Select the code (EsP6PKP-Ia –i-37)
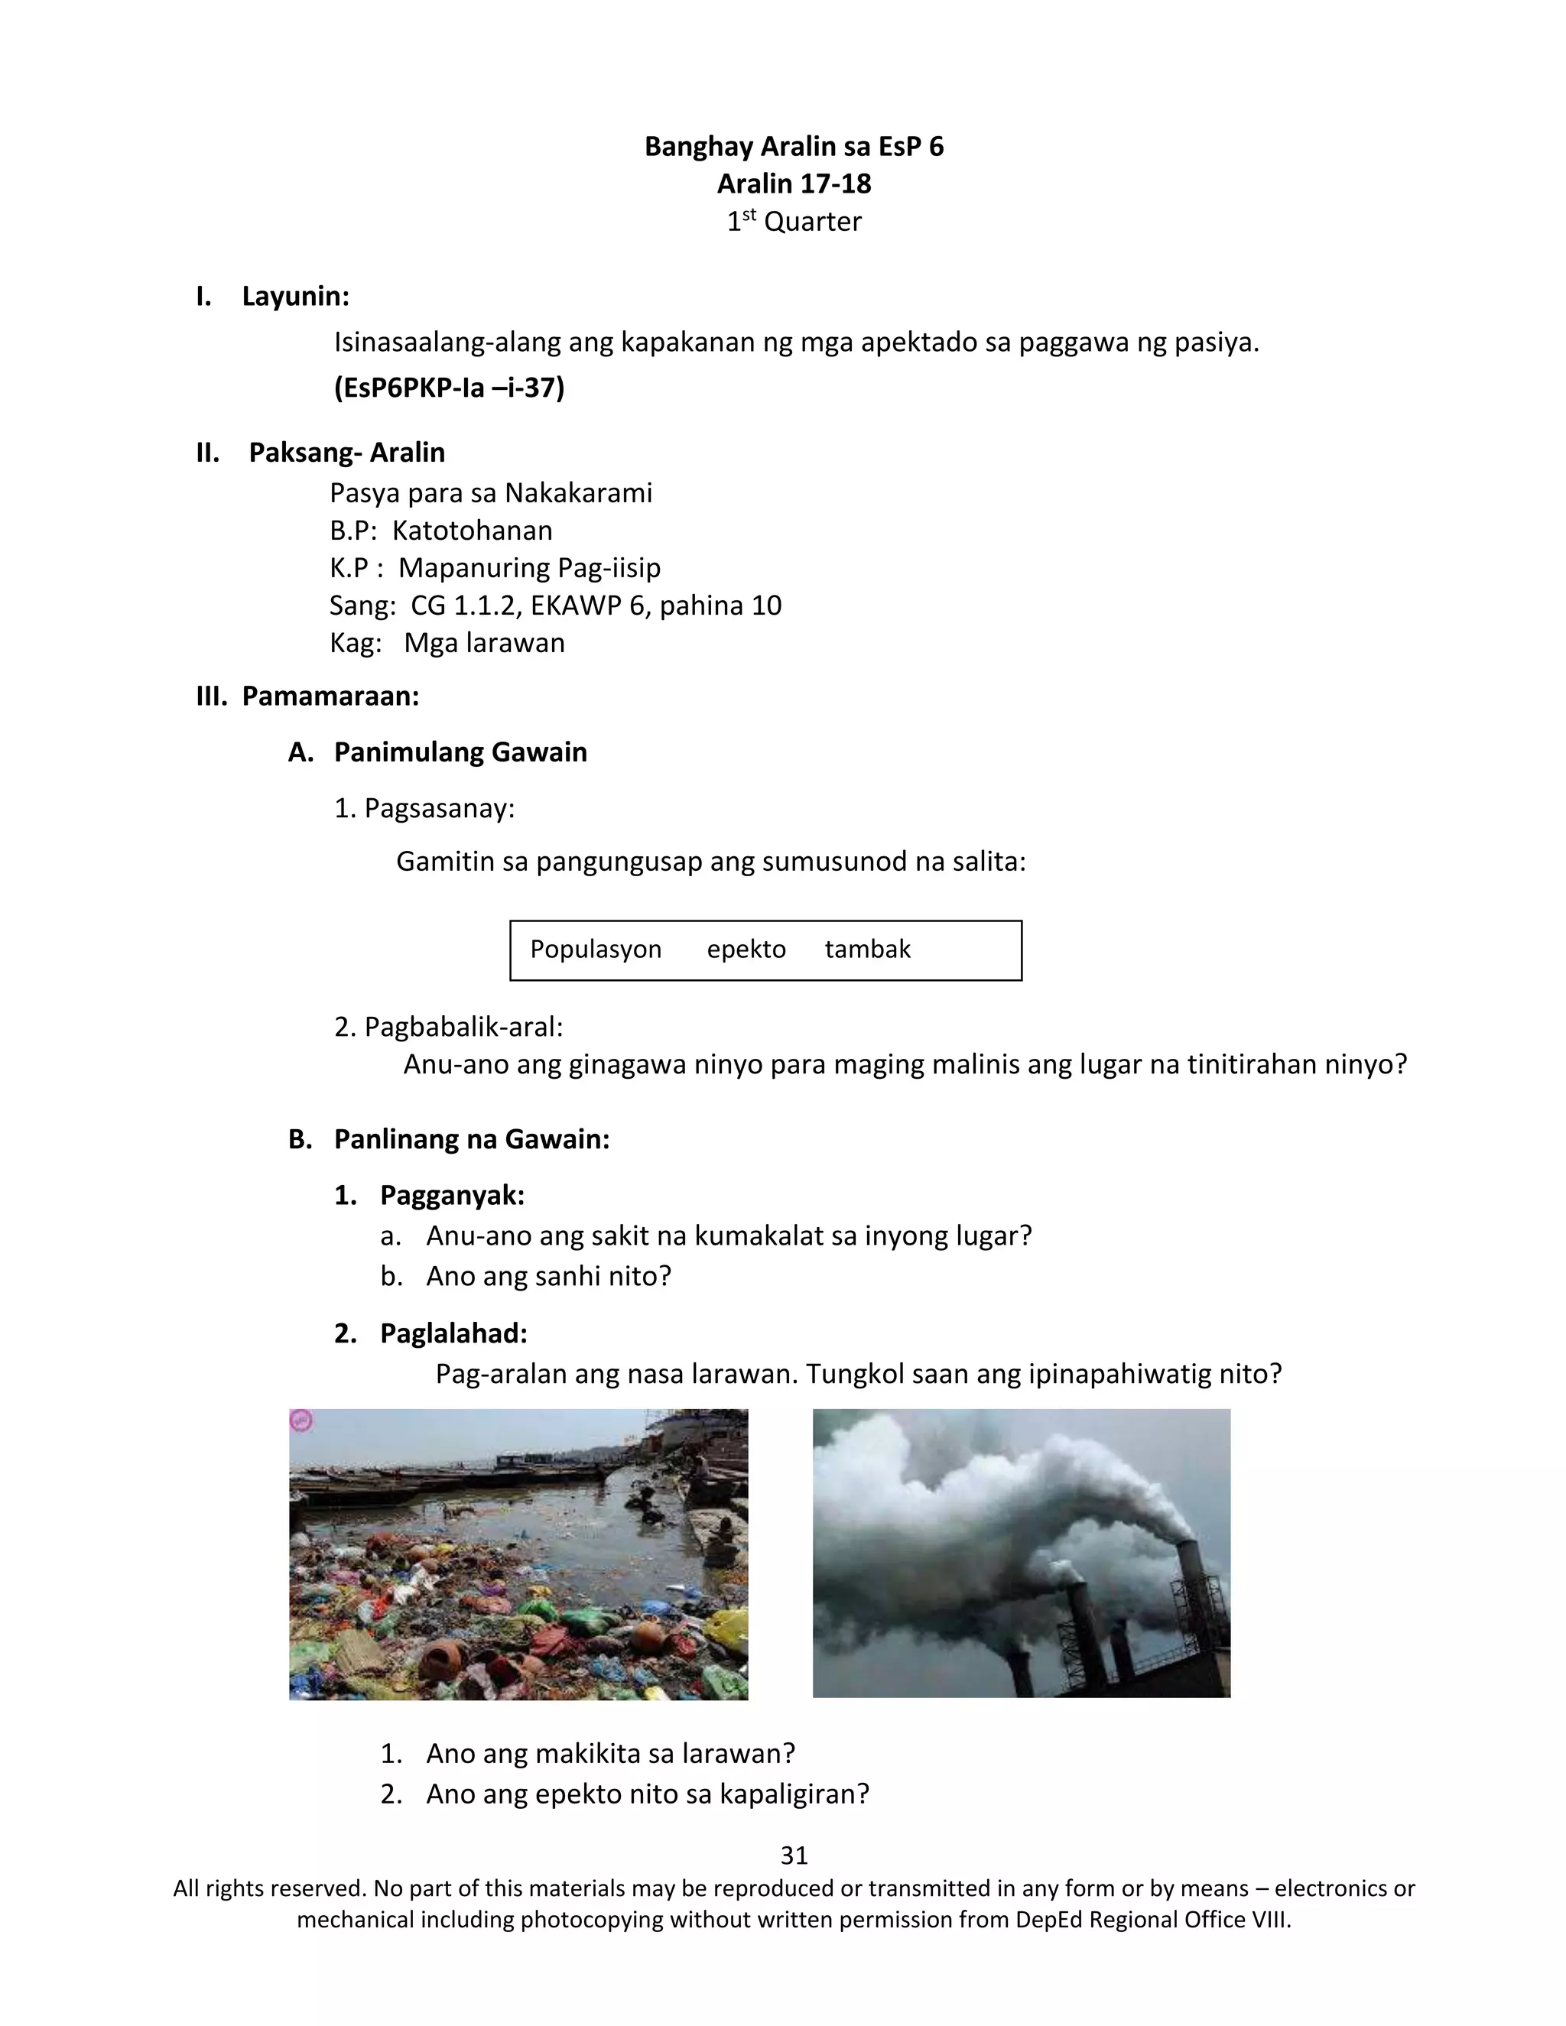449,388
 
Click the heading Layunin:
295,297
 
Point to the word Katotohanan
473,531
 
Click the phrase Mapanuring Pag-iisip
529,568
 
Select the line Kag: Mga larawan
447,643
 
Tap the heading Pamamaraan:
330,696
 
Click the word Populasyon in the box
596,949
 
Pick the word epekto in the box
746,949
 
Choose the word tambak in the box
867,949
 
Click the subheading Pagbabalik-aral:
463,1027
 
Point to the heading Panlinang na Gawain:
471,1139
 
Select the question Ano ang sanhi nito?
548,1277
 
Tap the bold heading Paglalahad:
453,1333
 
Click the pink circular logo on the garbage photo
301,1420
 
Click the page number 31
794,1856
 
